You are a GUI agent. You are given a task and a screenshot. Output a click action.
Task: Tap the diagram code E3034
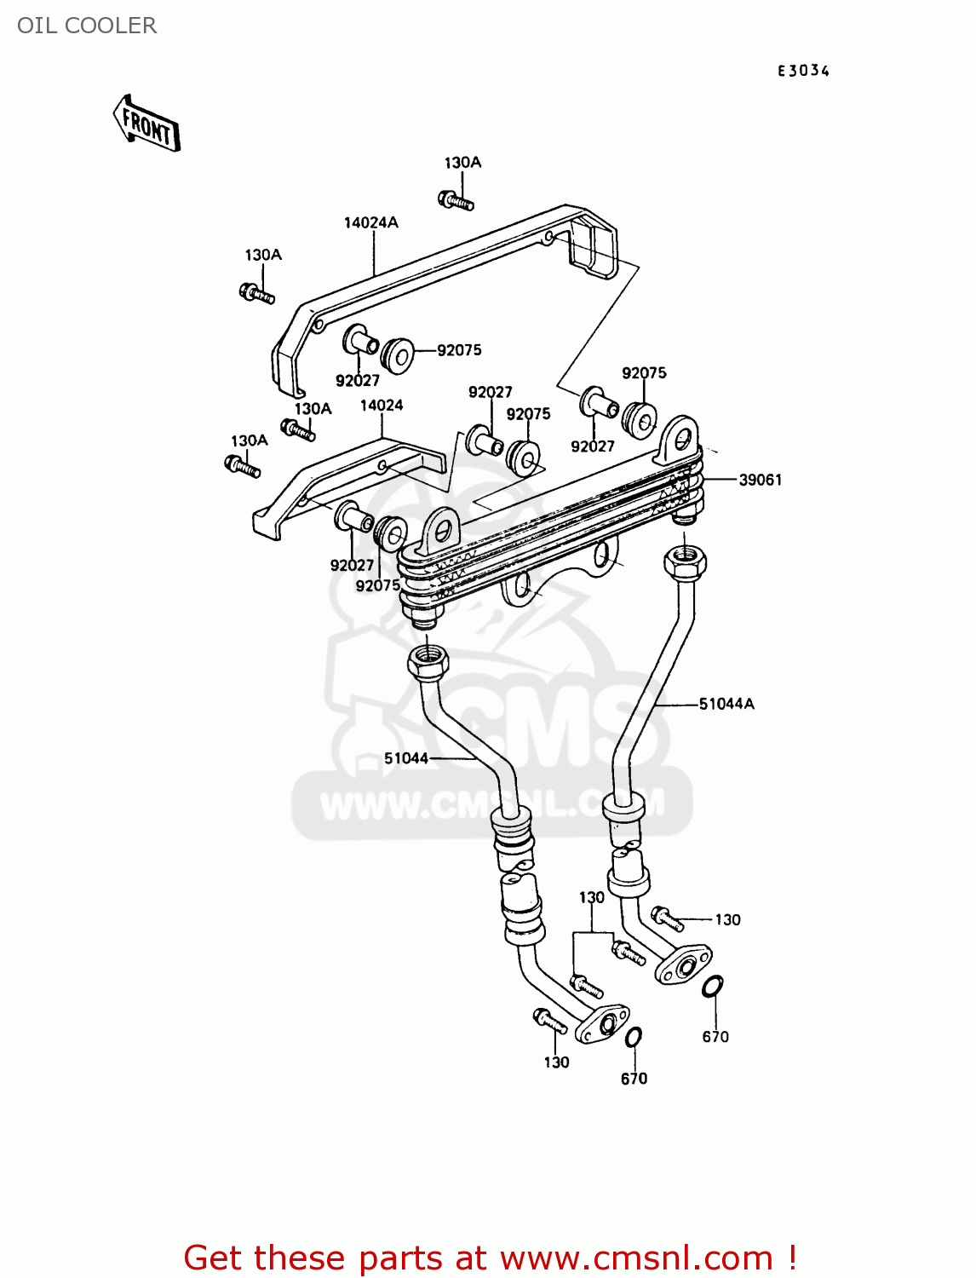(802, 71)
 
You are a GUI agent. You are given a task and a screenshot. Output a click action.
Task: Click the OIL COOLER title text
(87, 26)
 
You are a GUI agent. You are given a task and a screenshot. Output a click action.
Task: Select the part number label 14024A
(370, 222)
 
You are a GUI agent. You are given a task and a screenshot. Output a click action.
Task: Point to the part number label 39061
(760, 480)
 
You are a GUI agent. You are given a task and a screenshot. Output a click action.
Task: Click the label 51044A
(726, 704)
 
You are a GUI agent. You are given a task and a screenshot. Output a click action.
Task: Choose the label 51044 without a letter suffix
(406, 758)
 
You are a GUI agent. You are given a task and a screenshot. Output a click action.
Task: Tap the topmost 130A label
(462, 163)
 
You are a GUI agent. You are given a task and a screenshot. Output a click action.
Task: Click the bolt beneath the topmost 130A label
(456, 201)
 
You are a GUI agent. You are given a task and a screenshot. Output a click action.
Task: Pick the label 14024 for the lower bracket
(382, 406)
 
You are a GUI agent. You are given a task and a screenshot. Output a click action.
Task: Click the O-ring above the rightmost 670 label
(713, 987)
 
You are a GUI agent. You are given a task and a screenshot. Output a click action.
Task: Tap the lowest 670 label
(634, 1079)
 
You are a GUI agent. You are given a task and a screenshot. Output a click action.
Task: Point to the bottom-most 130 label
(556, 1062)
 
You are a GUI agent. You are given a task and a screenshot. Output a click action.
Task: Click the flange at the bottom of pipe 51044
(603, 1023)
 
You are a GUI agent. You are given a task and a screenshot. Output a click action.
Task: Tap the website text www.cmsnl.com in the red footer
(636, 1258)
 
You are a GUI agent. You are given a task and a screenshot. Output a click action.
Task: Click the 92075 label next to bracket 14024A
(459, 350)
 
